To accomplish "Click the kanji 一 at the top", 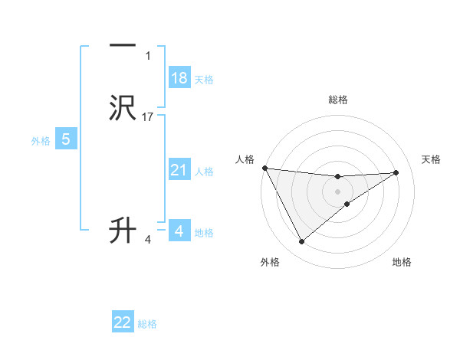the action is pyautogui.click(x=123, y=45).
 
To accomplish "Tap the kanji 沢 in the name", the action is pyautogui.click(x=123, y=108).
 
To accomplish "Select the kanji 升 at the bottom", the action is pyautogui.click(x=123, y=230).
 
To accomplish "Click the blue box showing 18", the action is pyautogui.click(x=179, y=78).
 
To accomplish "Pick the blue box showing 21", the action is pyautogui.click(x=179, y=170).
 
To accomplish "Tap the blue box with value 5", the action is pyautogui.click(x=66, y=139).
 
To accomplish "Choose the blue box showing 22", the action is pyautogui.click(x=123, y=322).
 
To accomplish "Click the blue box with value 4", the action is pyautogui.click(x=179, y=231).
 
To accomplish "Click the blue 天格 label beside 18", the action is pyautogui.click(x=204, y=80).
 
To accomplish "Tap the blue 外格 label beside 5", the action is pyautogui.click(x=41, y=141).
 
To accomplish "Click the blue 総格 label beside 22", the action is pyautogui.click(x=147, y=324).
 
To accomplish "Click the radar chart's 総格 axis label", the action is pyautogui.click(x=338, y=100).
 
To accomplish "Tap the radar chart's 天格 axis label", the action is pyautogui.click(x=432, y=159).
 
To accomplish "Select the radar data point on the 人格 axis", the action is pyautogui.click(x=264, y=168).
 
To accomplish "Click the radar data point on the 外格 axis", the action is pyautogui.click(x=301, y=242).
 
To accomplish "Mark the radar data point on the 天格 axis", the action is pyautogui.click(x=396, y=172).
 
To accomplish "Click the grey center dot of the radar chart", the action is pyautogui.click(x=338, y=191).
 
